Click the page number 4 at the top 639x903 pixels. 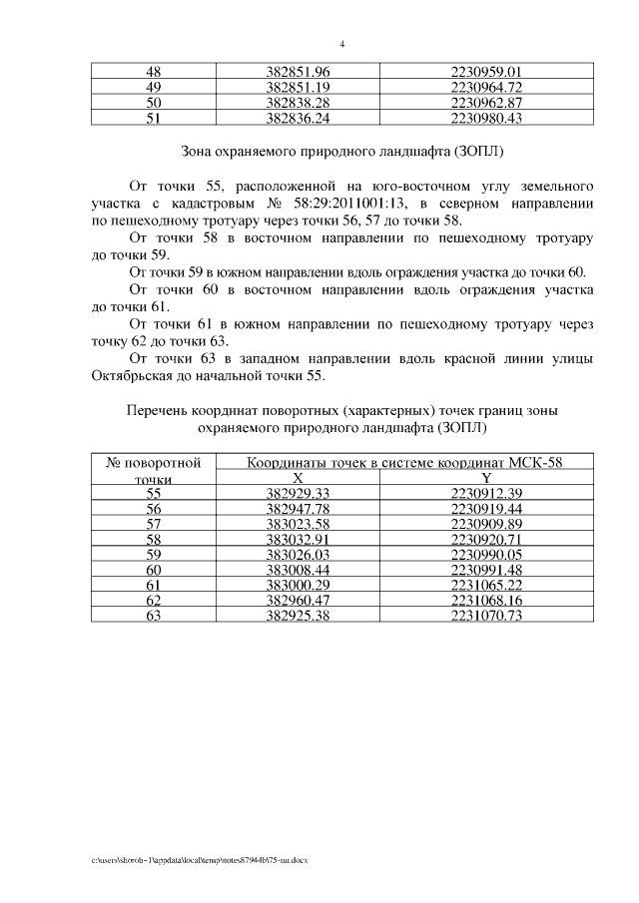[x=341, y=44]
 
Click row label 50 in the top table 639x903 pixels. [x=154, y=103]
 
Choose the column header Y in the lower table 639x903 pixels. [x=486, y=478]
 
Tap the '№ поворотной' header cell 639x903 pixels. [x=154, y=463]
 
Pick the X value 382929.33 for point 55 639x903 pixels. [x=298, y=494]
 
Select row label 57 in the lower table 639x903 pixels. [x=154, y=524]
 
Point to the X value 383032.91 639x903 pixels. [x=298, y=539]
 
